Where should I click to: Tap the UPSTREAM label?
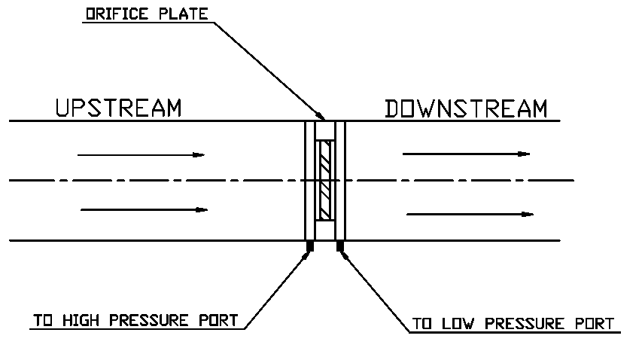tap(119, 108)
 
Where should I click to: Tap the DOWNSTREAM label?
tap(466, 108)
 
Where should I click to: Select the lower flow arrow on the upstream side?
tap(143, 209)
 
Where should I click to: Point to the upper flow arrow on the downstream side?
tap(466, 154)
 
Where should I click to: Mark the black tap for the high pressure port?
tap(309, 246)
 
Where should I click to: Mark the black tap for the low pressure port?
tap(340, 246)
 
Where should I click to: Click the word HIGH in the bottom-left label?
tap(79, 320)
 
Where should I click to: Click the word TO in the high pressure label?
tap(41, 320)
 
